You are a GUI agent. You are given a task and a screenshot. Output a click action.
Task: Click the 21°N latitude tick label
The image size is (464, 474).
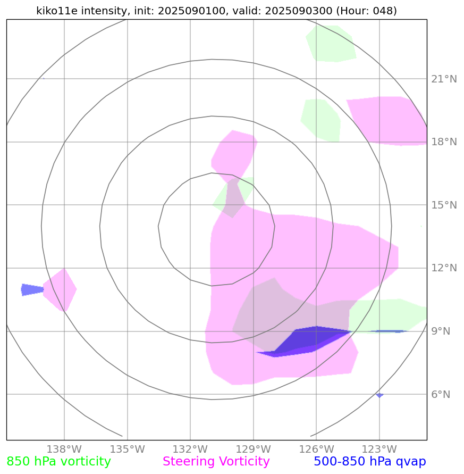443,79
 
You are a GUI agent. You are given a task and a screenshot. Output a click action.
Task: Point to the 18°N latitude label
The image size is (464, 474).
443,142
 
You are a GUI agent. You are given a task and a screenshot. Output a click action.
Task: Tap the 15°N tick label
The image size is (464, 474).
443,205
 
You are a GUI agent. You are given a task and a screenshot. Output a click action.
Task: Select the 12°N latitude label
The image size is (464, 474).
443,268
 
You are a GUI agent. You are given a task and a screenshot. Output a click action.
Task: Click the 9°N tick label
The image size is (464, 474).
441,331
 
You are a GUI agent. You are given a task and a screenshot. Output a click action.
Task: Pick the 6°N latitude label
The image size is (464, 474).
441,394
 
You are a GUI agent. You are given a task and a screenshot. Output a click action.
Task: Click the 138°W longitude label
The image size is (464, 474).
64,450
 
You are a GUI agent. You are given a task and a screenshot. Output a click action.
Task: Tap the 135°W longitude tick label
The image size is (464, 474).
127,450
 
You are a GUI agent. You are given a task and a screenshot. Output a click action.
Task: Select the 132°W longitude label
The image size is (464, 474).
190,450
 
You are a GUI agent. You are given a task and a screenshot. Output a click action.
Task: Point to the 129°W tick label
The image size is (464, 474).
253,450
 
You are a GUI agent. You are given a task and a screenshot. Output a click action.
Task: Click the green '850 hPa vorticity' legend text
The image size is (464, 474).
58,462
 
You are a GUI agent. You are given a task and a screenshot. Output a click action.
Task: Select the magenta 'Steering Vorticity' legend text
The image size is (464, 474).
216,462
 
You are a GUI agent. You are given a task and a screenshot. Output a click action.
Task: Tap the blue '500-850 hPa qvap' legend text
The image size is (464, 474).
369,462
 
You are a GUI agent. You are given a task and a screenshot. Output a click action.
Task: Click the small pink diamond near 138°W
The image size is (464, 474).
60,289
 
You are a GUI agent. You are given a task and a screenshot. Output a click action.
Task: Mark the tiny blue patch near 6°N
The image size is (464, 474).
379,395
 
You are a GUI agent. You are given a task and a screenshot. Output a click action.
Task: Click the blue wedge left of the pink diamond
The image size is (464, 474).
31,289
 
